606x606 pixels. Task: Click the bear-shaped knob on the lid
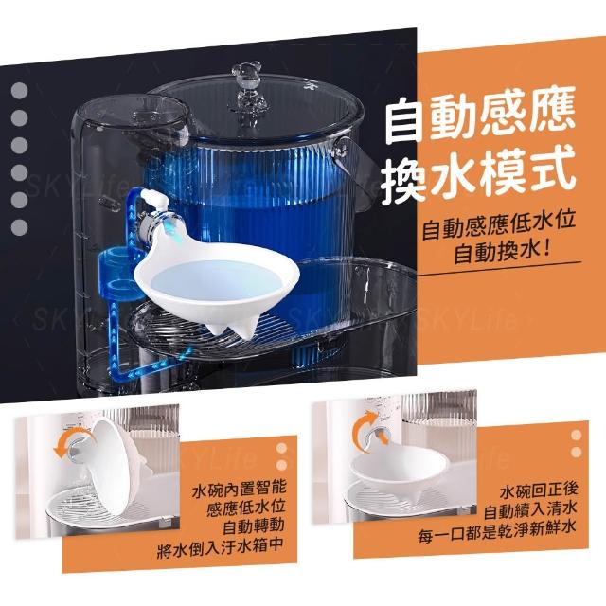coord(243,82)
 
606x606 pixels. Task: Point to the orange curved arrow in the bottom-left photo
coord(69,441)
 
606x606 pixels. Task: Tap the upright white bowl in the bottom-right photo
coord(398,472)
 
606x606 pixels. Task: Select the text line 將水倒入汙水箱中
coord(221,545)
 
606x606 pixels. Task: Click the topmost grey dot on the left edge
coord(19,91)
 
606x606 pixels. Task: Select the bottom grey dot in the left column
coord(19,227)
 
